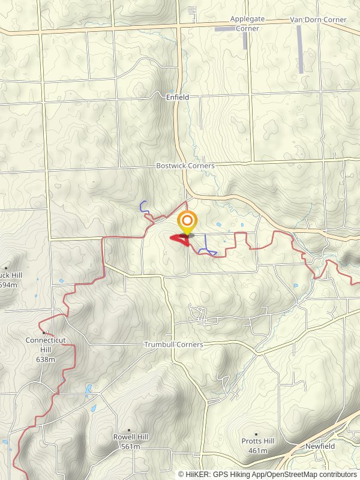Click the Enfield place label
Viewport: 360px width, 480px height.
pyautogui.click(x=178, y=97)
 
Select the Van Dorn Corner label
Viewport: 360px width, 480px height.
pyautogui.click(x=318, y=20)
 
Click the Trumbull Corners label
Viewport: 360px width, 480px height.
pyautogui.click(x=173, y=344)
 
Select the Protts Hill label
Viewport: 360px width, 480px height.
pyautogui.click(x=257, y=442)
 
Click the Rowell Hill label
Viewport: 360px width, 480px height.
pyautogui.click(x=131, y=437)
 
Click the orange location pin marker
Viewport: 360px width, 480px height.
pyautogui.click(x=188, y=221)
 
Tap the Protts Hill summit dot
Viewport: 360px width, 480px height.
pyautogui.click(x=256, y=434)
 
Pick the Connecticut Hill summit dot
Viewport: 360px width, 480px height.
pyautogui.click(x=44, y=332)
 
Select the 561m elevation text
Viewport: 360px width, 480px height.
pyautogui.click(x=130, y=446)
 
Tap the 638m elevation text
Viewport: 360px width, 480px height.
pyautogui.click(x=45, y=359)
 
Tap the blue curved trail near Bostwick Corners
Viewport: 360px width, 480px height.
pyautogui.click(x=144, y=206)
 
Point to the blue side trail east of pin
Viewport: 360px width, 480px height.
pyautogui.click(x=208, y=246)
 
